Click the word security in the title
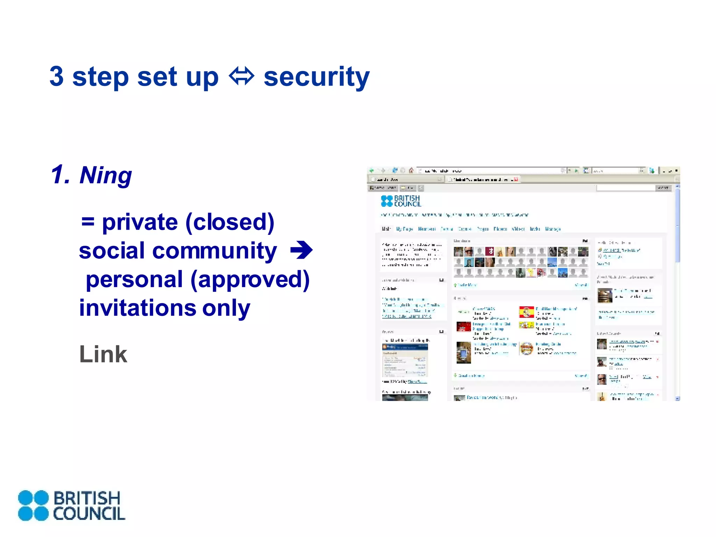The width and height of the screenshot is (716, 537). pyautogui.click(x=316, y=77)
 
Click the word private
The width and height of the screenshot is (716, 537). pyautogui.click(x=140, y=222)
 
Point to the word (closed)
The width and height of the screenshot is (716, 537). pyautogui.click(x=230, y=222)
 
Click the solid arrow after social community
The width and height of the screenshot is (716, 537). pyautogui.click(x=301, y=250)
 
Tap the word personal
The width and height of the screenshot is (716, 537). pyautogui.click(x=134, y=279)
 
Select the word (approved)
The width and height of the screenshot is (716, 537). pyautogui.click(x=250, y=280)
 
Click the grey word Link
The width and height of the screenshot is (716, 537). pyautogui.click(x=103, y=354)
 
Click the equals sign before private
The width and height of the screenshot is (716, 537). pyautogui.click(x=88, y=222)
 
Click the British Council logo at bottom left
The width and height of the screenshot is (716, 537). pyautogui.click(x=71, y=506)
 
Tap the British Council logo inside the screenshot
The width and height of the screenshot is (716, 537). pyautogui.click(x=401, y=201)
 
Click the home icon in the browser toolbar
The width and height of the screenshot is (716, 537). pyautogui.click(x=411, y=171)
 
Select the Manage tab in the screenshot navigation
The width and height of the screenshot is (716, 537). pyautogui.click(x=553, y=229)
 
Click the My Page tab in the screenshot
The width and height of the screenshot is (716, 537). pyautogui.click(x=404, y=229)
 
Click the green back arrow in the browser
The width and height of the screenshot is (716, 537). pyautogui.click(x=372, y=171)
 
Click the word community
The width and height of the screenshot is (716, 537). pyautogui.click(x=215, y=251)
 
